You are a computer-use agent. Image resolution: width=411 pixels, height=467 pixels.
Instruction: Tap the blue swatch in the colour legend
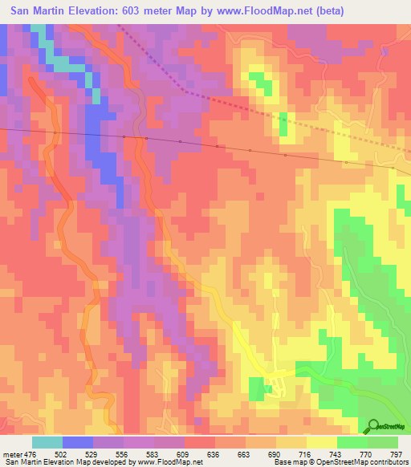[78, 441]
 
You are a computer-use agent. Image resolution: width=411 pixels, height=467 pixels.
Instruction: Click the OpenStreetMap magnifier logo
[374, 425]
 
